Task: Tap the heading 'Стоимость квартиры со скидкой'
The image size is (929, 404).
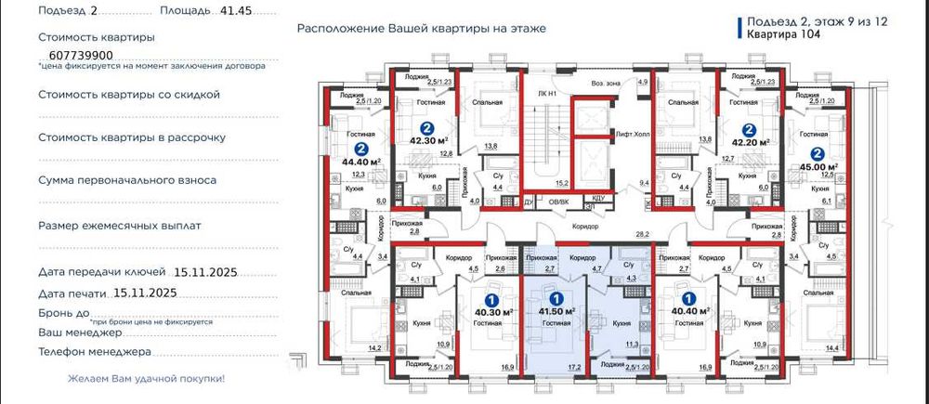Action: (x=129, y=94)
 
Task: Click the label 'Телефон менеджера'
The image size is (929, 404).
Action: (x=94, y=352)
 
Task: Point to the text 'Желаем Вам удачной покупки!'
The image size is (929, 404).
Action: (x=146, y=379)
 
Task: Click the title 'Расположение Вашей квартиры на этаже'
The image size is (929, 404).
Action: (x=422, y=28)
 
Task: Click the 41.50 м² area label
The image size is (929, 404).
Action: (x=556, y=312)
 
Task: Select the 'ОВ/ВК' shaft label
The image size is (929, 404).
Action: (x=557, y=201)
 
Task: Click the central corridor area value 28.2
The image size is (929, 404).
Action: (x=640, y=236)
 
